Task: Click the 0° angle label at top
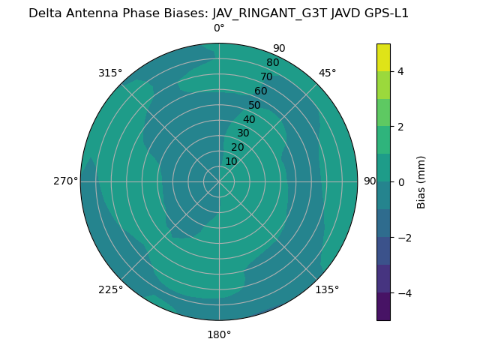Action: [219, 28]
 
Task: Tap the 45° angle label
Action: [328, 73]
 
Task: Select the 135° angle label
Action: [327, 289]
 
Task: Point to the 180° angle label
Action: [219, 334]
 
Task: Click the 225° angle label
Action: [110, 289]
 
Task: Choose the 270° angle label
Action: [65, 181]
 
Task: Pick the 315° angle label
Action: [110, 73]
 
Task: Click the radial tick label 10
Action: [231, 161]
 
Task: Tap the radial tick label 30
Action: [243, 133]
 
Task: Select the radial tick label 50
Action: [255, 105]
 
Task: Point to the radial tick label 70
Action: [266, 76]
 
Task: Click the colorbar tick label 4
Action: [400, 71]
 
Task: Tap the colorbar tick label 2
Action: [400, 127]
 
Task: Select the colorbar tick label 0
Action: [400, 182]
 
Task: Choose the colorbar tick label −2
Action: [403, 238]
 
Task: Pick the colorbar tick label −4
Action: [403, 293]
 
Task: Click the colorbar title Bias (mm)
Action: [421, 182]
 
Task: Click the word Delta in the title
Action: [44, 13]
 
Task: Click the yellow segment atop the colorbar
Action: [383, 58]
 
